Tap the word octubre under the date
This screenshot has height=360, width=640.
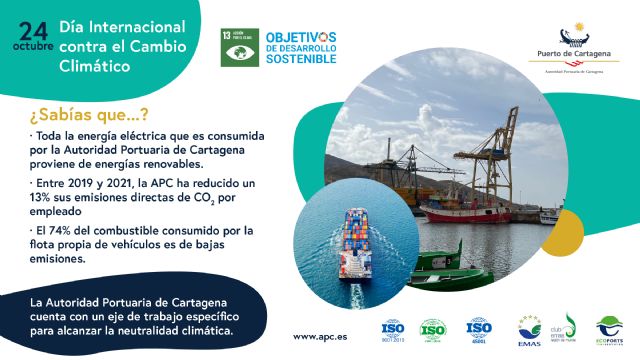pos(32,46)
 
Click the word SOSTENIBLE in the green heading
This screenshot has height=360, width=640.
pos(301,60)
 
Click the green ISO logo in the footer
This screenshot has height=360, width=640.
pos(433,329)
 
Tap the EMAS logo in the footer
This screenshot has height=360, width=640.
pos(529,331)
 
